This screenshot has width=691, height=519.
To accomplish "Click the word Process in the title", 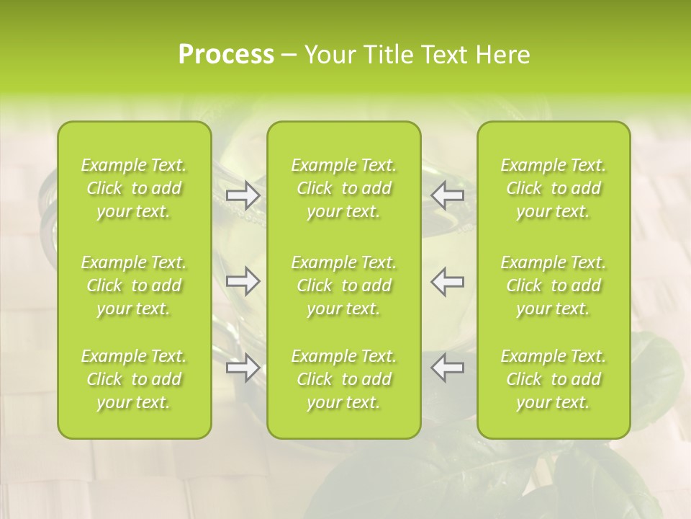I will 226,55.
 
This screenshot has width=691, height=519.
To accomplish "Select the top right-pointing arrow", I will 243,195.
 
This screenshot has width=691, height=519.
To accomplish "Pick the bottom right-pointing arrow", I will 243,368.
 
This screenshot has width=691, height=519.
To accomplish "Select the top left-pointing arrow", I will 447,195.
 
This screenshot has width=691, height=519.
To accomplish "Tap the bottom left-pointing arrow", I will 447,368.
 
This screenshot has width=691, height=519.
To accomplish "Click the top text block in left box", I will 134,188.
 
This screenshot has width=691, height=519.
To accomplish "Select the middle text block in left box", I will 134,285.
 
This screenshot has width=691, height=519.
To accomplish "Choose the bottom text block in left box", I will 134,379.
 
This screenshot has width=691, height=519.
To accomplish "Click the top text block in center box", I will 344,188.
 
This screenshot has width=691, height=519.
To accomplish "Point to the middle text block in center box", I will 344,285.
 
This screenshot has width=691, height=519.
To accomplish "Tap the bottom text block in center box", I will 344,379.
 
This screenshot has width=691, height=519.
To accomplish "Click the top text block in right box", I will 554,188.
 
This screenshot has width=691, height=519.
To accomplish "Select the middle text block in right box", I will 554,285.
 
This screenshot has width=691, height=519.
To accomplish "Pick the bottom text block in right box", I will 554,379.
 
